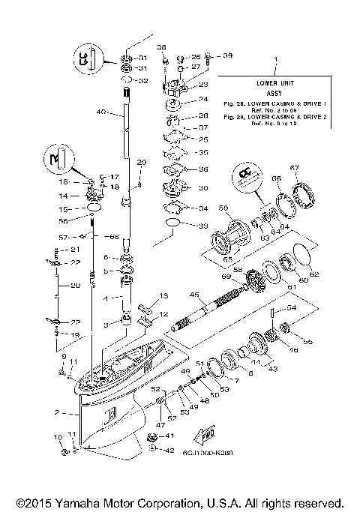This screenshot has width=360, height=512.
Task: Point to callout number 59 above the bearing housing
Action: pyautogui.click(x=223, y=208)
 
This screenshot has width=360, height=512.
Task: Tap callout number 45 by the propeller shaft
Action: pyautogui.click(x=194, y=295)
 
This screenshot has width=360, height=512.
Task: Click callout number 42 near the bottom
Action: pyautogui.click(x=169, y=450)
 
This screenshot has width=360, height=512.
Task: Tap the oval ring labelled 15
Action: pyautogui.click(x=92, y=205)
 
